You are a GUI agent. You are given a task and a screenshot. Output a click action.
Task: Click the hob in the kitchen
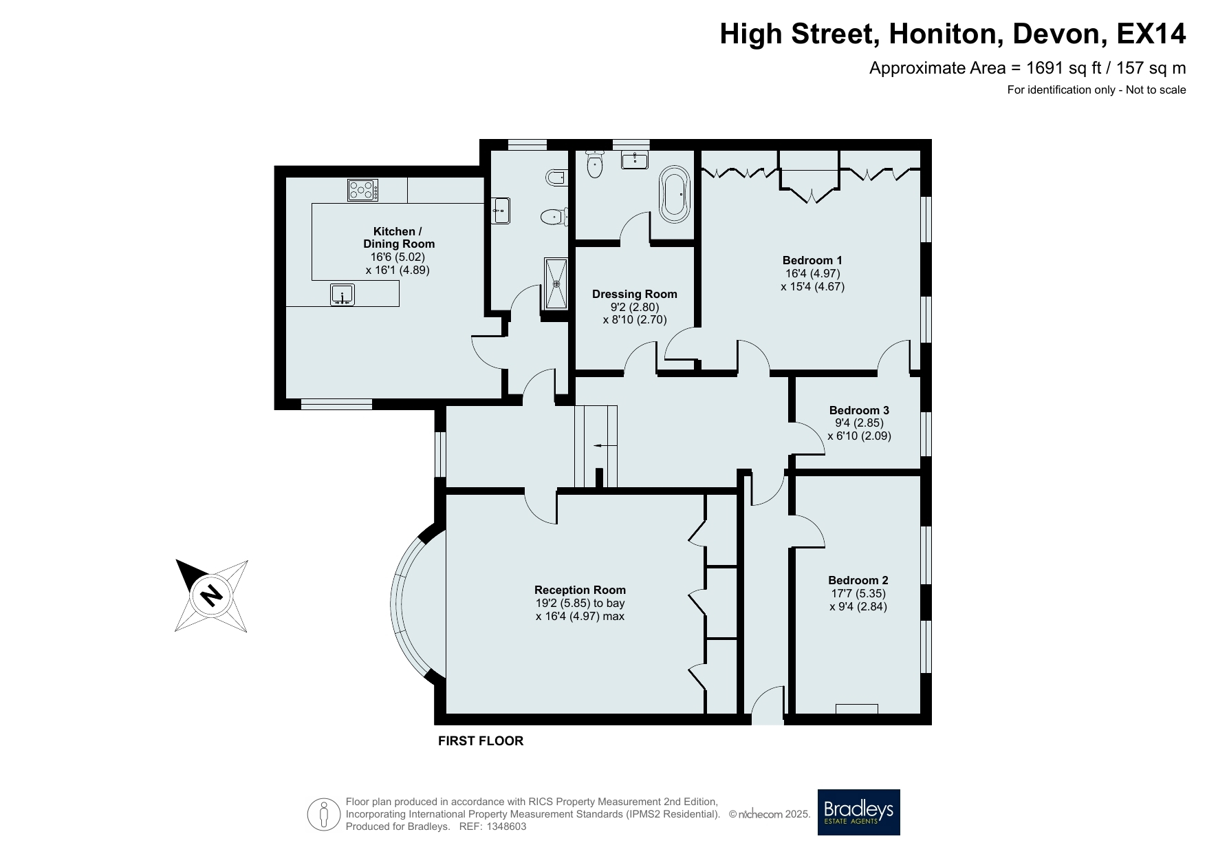(362, 190)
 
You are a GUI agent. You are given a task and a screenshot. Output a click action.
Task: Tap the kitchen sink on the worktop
(342, 294)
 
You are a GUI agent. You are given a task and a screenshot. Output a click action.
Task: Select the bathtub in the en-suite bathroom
(673, 194)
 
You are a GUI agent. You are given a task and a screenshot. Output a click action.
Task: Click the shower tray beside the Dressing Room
(556, 283)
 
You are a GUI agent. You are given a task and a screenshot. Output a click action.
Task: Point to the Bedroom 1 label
(812, 260)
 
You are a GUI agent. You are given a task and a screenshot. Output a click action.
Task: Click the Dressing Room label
(635, 294)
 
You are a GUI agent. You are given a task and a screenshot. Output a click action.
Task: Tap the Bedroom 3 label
(859, 410)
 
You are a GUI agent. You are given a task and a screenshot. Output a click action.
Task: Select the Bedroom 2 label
(858, 580)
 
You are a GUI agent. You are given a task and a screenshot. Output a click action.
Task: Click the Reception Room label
(580, 590)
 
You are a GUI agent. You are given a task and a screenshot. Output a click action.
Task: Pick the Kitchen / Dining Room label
(399, 237)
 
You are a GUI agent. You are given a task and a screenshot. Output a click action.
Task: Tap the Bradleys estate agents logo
(858, 812)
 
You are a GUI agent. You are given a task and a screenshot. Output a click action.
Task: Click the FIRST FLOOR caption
(481, 741)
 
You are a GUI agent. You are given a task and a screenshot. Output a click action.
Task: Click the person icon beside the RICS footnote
(324, 814)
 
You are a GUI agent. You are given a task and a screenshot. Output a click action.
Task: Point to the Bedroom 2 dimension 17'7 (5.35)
(858, 593)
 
